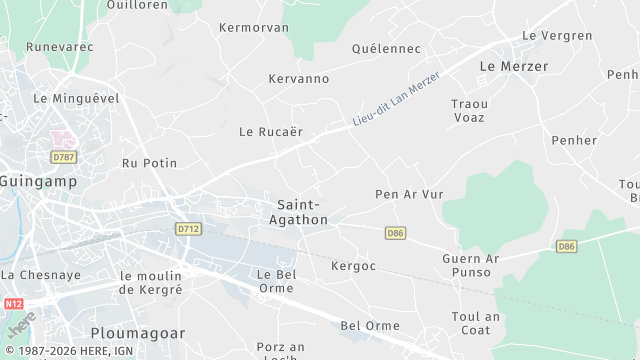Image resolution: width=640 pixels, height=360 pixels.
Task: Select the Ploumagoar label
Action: tap(134, 332)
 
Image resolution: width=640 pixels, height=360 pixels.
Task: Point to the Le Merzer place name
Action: tap(514, 66)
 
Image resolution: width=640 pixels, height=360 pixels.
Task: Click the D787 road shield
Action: tap(64, 157)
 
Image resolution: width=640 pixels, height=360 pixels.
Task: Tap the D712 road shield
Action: tap(187, 229)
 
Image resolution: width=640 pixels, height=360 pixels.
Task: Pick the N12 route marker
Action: tap(13, 303)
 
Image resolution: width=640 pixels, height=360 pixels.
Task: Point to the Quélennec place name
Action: tap(387, 48)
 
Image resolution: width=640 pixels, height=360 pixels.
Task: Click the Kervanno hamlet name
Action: tap(299, 79)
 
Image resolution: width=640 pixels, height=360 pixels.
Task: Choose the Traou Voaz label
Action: tap(469, 110)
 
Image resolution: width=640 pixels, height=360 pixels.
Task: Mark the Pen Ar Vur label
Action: tap(408, 194)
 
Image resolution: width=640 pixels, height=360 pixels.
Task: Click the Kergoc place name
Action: tap(353, 267)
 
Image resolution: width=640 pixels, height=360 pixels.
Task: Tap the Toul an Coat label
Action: tap(475, 324)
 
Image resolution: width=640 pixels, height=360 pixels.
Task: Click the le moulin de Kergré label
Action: tap(151, 282)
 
